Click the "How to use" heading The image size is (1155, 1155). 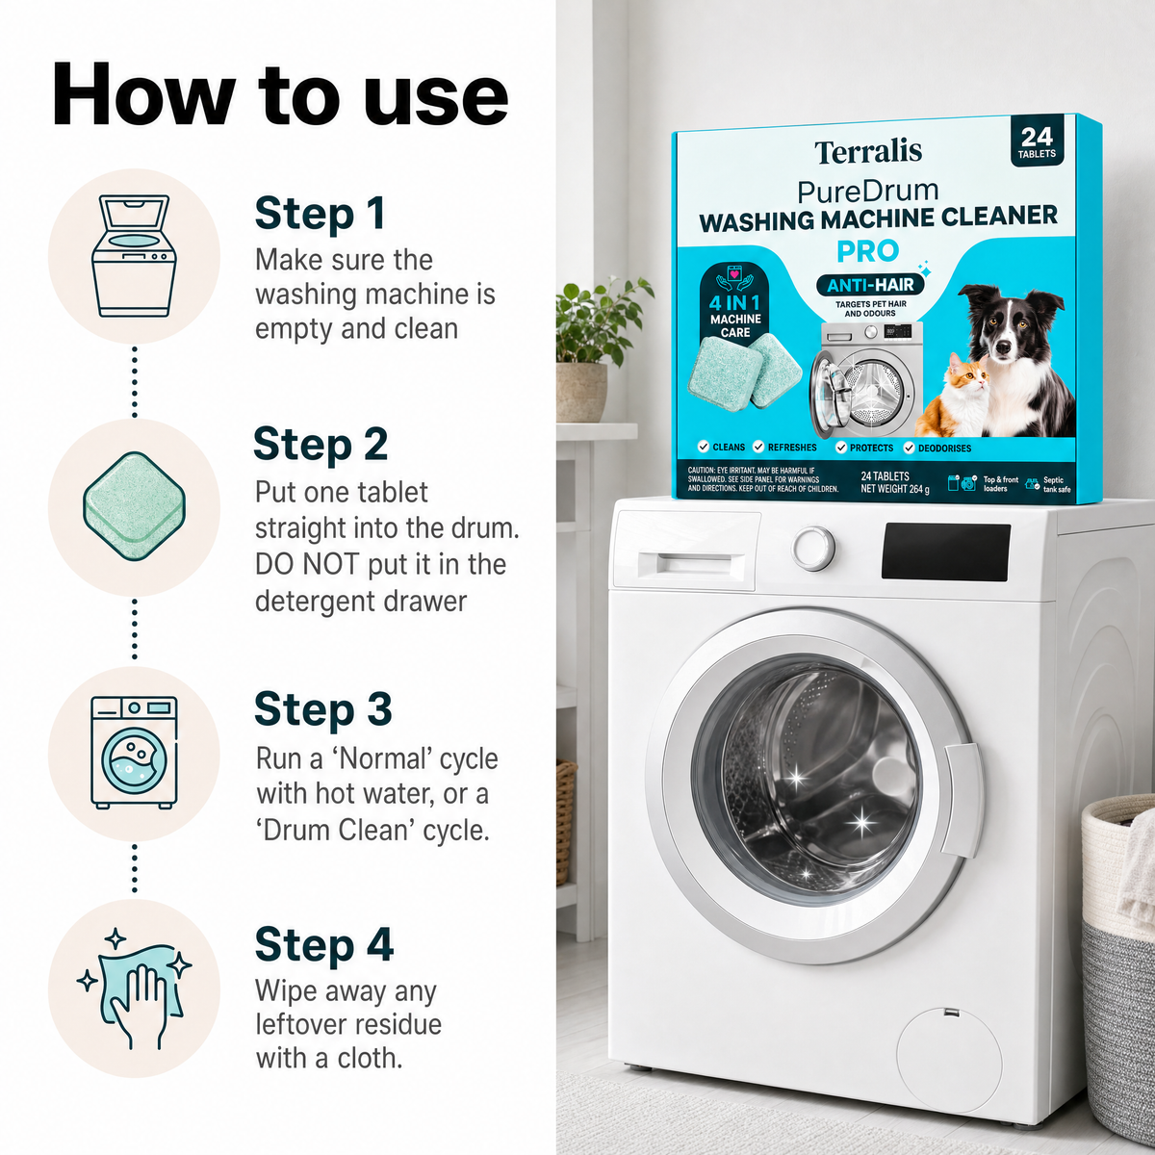[280, 96]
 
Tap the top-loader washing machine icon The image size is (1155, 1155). [134, 256]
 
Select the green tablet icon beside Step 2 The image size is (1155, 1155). [134, 506]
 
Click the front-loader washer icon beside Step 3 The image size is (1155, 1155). [134, 753]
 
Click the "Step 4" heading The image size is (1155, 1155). [324, 945]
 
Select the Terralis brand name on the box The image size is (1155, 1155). [868, 152]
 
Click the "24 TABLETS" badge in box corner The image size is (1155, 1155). [1037, 142]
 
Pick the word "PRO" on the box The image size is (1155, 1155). [868, 251]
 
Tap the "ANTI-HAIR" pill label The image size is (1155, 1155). [870, 285]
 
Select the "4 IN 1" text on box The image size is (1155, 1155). [734, 302]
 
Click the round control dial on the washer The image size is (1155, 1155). [813, 548]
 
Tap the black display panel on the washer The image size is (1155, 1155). [946, 551]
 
